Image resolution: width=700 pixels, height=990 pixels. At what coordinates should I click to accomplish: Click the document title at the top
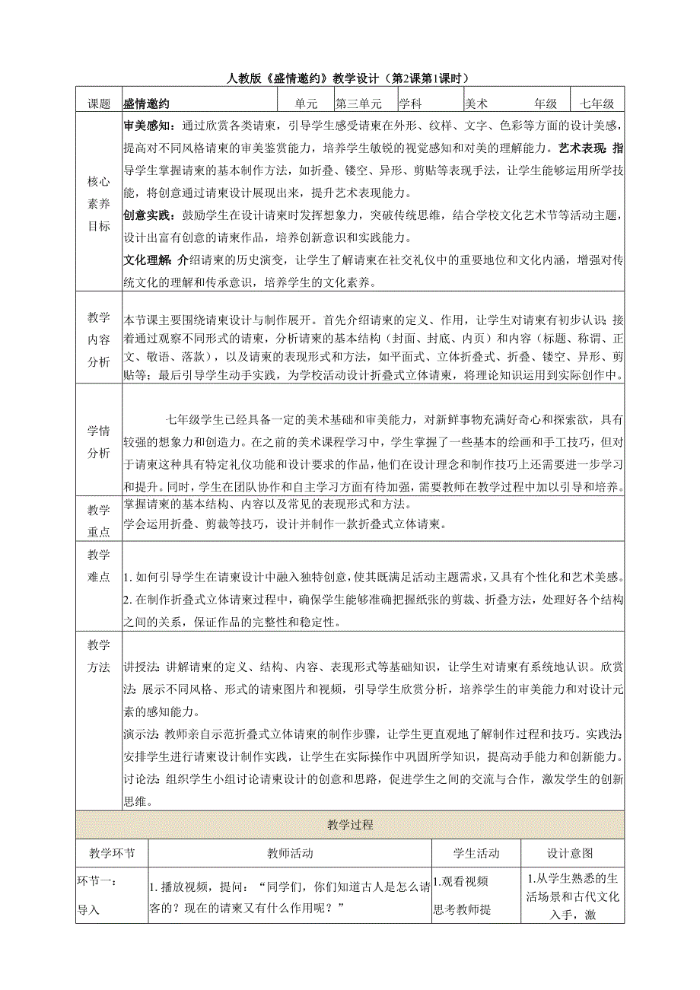pos(349,78)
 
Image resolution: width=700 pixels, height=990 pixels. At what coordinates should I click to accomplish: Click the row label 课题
pos(99,103)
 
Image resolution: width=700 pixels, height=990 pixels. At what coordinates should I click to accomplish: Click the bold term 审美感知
pos(148,126)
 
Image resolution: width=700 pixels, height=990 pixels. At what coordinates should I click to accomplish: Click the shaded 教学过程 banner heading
pos(350,825)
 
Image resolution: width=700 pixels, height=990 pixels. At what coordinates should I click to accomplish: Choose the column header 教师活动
pos(290,853)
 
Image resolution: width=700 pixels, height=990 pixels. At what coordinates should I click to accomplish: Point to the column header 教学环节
pos(112,853)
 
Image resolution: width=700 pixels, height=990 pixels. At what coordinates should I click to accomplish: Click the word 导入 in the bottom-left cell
pos(89,909)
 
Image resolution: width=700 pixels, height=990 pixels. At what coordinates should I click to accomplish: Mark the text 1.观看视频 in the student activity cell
pos(461,881)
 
